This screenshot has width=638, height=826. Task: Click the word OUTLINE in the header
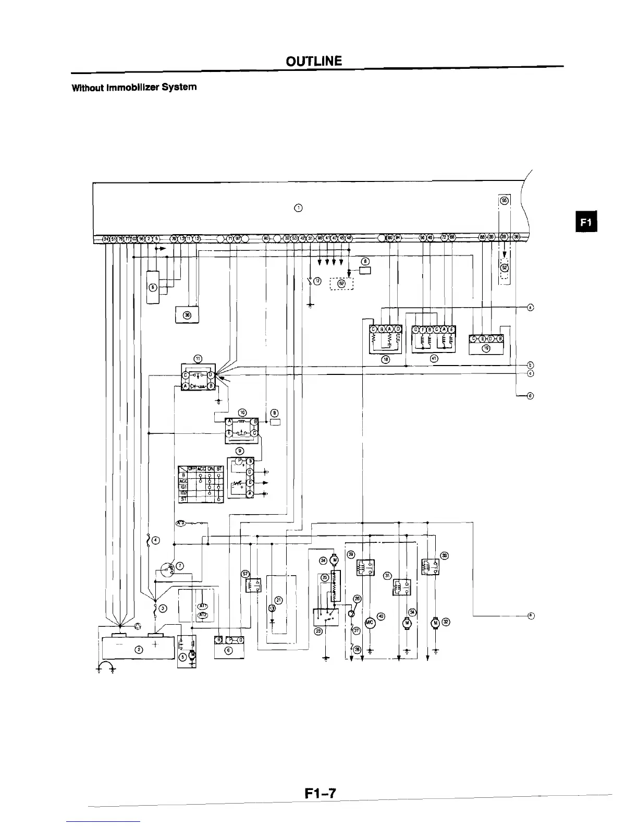314,61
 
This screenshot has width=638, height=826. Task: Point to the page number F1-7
320,793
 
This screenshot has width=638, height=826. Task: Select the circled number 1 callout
298,209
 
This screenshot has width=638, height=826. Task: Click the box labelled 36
187,315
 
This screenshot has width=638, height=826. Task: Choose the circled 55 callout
504,200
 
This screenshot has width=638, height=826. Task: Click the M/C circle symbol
370,622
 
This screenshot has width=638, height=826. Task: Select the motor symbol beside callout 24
335,561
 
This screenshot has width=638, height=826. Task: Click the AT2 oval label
203,615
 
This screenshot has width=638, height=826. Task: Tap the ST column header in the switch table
219,468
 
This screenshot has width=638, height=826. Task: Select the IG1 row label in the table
183,487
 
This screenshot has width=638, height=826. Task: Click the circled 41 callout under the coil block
434,359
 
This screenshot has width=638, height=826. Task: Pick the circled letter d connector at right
531,396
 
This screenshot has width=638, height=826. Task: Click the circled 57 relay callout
244,573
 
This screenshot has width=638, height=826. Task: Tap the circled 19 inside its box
486,348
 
